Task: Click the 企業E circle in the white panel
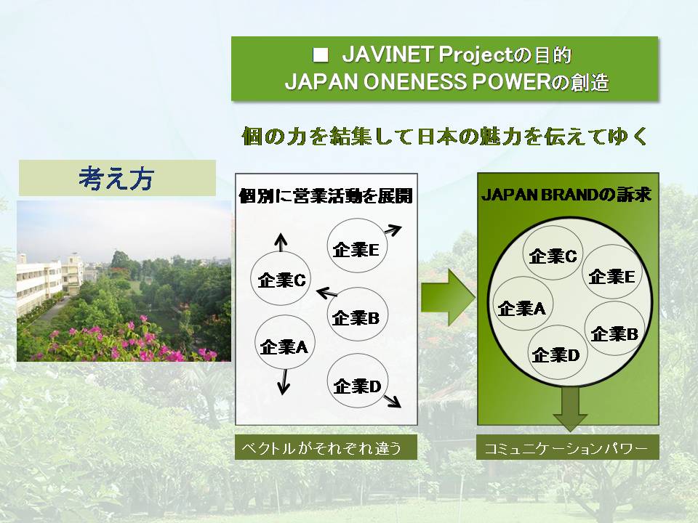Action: (x=357, y=246)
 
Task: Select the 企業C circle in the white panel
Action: (x=281, y=278)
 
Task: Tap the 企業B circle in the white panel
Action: (x=357, y=314)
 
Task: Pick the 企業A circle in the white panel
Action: (x=284, y=342)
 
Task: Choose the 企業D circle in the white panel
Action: (x=357, y=381)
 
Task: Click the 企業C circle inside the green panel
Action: (x=553, y=253)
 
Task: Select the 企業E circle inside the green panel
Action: (x=612, y=272)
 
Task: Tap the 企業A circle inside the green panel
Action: (x=522, y=304)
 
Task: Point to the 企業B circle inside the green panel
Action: (x=614, y=328)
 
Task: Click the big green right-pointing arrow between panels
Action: (x=448, y=297)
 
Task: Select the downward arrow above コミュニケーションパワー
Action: (x=570, y=408)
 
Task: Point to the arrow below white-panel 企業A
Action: (x=283, y=383)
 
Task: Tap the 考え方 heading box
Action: (x=117, y=178)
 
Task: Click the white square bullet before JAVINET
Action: (x=321, y=55)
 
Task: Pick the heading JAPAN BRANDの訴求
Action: (x=566, y=195)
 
